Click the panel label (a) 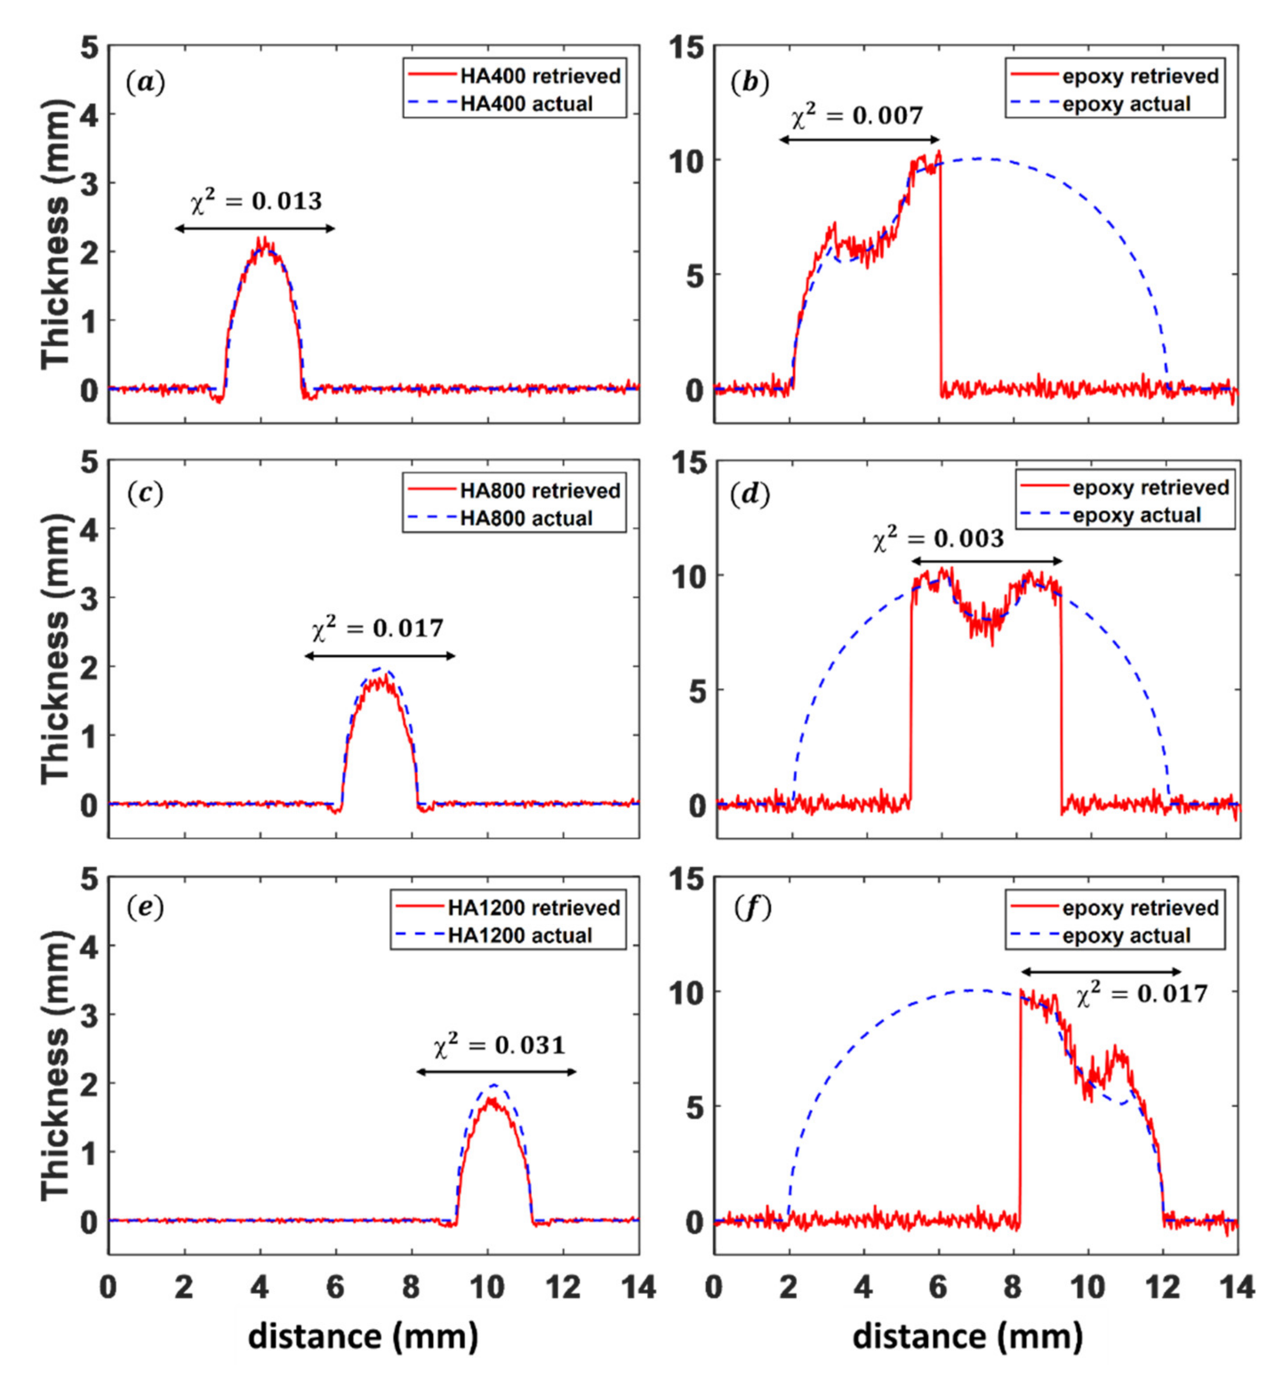145,83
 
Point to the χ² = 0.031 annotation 500,1045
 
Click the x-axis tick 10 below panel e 488,1287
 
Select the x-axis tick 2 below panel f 788,1287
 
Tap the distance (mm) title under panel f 967,1337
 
